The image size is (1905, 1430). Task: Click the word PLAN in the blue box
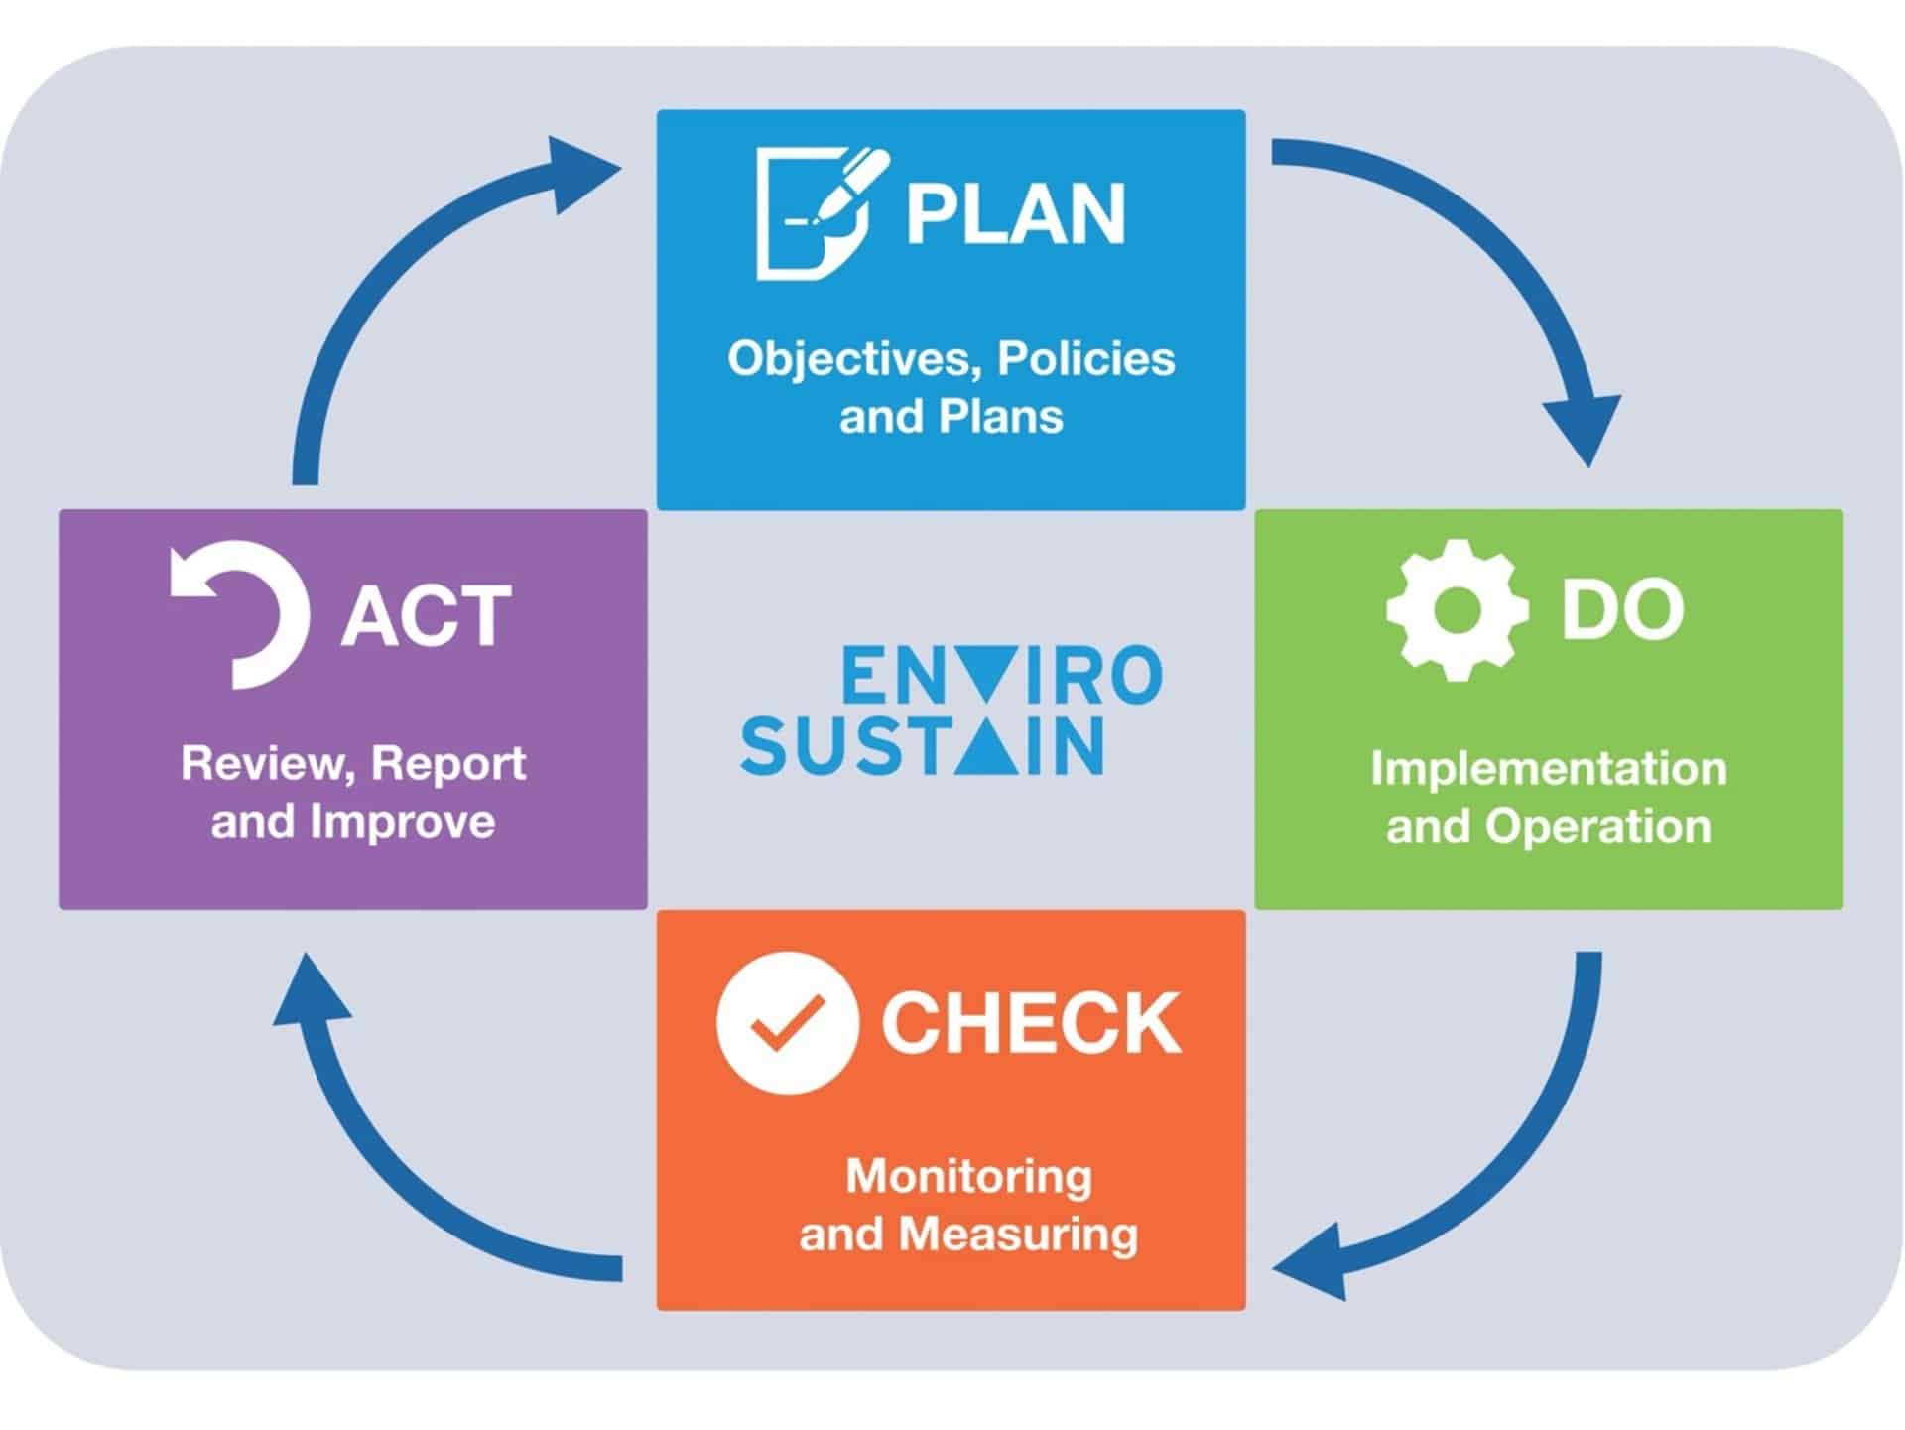(x=1016, y=212)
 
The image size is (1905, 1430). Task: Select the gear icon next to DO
(x=1457, y=609)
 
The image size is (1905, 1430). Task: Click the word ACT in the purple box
(x=426, y=615)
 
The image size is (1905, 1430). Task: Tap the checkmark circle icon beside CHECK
(x=787, y=1022)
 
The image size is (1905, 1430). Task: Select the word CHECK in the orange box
(x=1031, y=1022)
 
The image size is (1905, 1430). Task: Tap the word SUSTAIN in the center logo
(x=922, y=745)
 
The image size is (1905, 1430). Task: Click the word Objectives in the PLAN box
(x=854, y=358)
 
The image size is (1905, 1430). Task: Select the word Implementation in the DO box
(x=1549, y=769)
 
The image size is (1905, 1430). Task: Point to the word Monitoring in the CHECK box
(x=968, y=1177)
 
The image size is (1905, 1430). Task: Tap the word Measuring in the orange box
(x=1018, y=1235)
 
